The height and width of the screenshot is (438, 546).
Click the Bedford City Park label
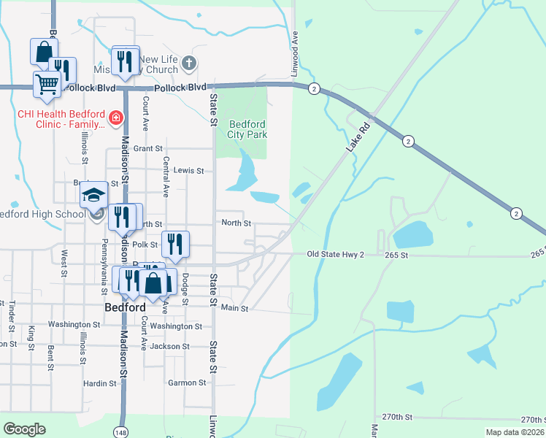[247, 129]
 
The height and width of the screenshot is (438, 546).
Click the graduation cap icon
[93, 194]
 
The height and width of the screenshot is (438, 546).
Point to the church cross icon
[189, 63]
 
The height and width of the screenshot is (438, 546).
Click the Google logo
[24, 429]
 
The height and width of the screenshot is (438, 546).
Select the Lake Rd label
[356, 138]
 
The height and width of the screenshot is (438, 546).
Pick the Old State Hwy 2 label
[335, 254]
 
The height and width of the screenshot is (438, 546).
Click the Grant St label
[147, 148]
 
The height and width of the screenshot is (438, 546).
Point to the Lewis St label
[189, 170]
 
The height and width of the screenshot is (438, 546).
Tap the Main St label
[235, 309]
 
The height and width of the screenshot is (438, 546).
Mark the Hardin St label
[100, 383]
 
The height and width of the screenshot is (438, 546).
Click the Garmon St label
[186, 383]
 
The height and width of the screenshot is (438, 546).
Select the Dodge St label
[185, 283]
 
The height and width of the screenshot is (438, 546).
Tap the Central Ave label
[166, 177]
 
